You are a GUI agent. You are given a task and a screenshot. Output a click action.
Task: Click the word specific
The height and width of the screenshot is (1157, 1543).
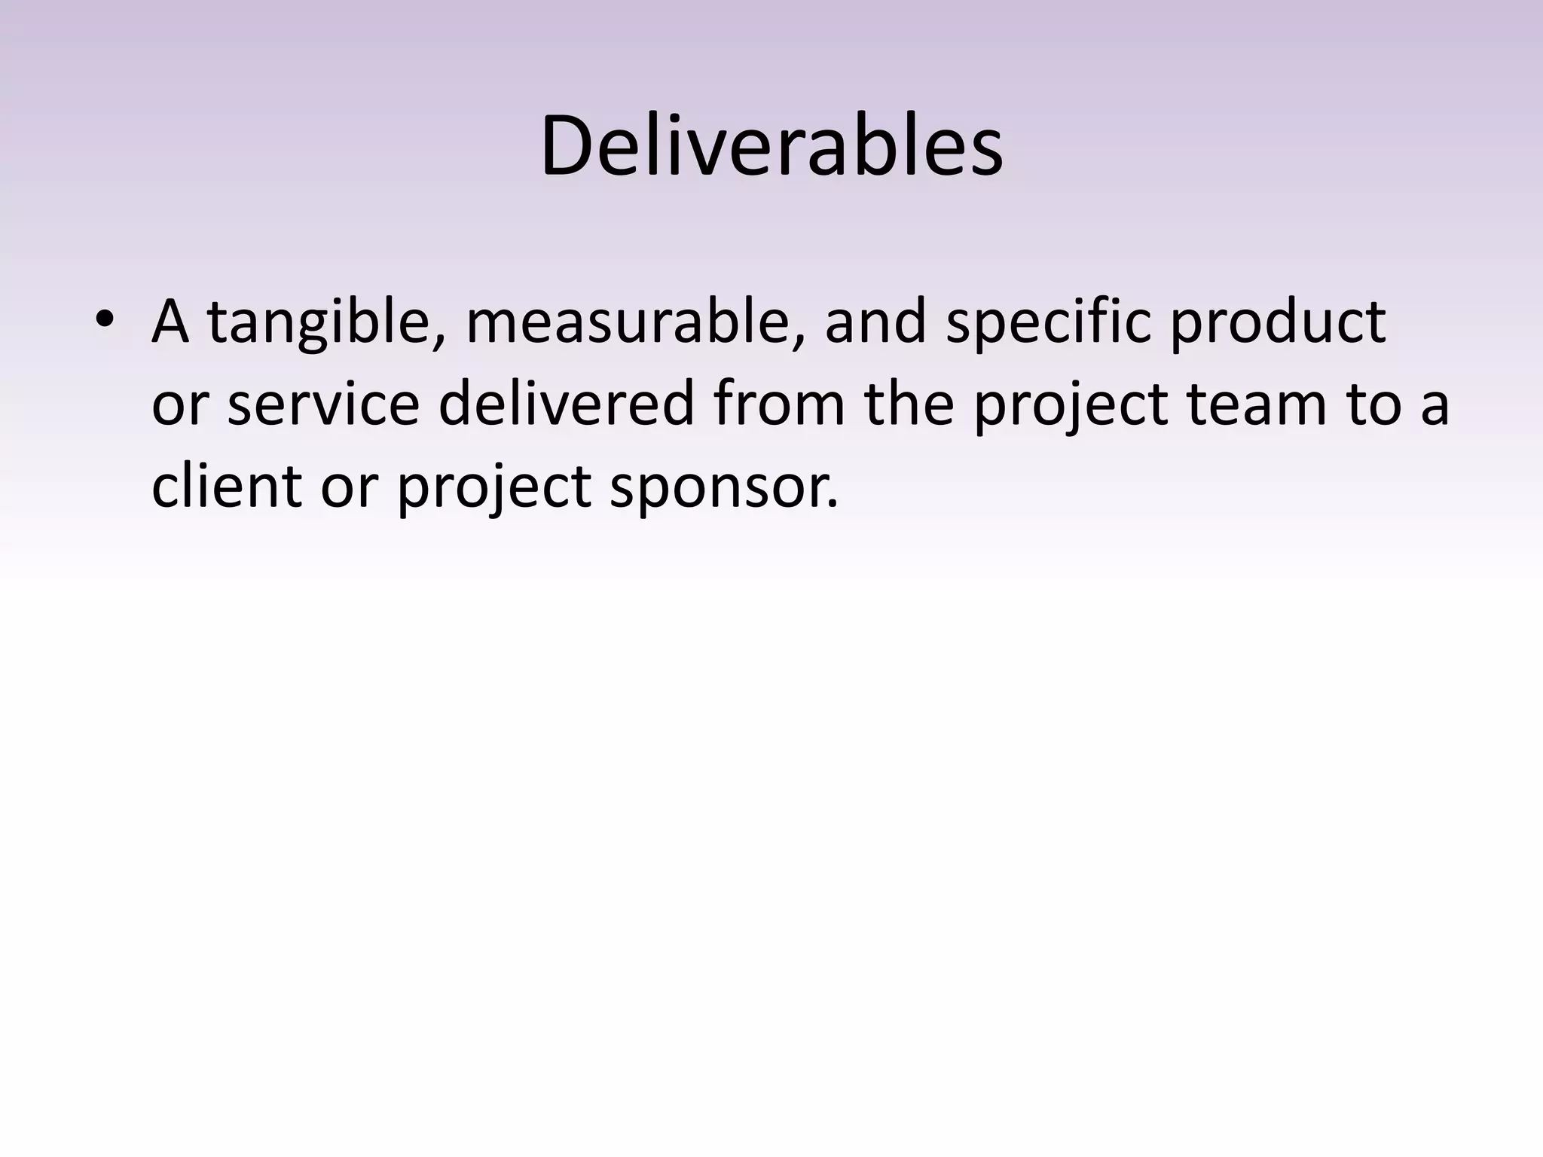coord(1048,322)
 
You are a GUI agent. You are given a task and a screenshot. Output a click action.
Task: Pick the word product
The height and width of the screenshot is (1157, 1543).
coord(1278,322)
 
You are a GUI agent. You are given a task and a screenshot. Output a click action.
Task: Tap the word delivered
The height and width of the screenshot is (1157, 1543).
coord(565,404)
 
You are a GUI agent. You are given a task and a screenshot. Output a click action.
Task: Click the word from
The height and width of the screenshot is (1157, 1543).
coord(778,404)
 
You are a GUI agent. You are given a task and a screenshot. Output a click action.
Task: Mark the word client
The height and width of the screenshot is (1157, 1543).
coord(227,486)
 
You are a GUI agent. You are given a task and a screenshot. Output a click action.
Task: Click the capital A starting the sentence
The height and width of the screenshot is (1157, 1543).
coord(170,322)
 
